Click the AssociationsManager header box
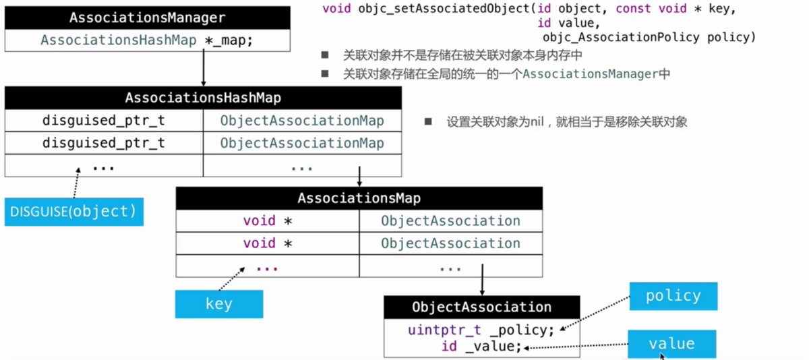tap(147, 18)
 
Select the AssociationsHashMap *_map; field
tap(147, 40)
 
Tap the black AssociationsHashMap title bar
tap(203, 98)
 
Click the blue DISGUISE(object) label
tap(73, 212)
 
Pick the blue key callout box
tap(219, 304)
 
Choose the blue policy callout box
tap(673, 296)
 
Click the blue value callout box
tap(671, 344)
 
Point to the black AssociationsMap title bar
tap(359, 198)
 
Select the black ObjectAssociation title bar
tap(481, 307)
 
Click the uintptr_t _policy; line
tap(481, 330)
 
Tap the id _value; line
tap(481, 347)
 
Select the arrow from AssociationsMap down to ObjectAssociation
tap(482, 279)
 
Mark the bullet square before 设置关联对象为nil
tap(428, 122)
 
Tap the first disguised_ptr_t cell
tap(104, 121)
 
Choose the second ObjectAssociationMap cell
tap(301, 143)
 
